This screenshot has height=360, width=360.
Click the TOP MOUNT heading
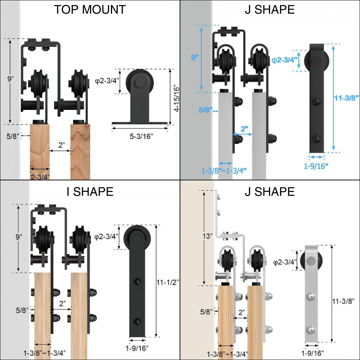[90, 10]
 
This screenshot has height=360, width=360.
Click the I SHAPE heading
[90, 192]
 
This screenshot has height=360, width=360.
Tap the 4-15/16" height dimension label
[176, 98]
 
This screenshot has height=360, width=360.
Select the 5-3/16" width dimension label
[141, 136]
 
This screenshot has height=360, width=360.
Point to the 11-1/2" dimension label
[167, 282]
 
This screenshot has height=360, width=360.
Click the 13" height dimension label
[208, 236]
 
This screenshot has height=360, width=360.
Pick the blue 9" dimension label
[195, 57]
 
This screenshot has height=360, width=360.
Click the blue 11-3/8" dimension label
[346, 98]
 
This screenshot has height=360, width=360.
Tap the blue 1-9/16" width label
[316, 166]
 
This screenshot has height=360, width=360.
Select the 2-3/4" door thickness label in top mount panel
[40, 177]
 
